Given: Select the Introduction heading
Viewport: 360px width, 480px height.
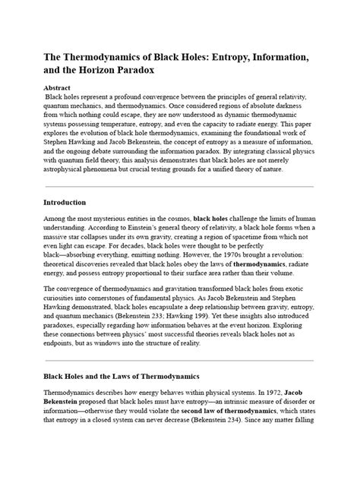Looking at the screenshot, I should click(65, 203).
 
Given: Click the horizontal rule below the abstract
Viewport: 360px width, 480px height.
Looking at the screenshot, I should click(179, 186).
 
